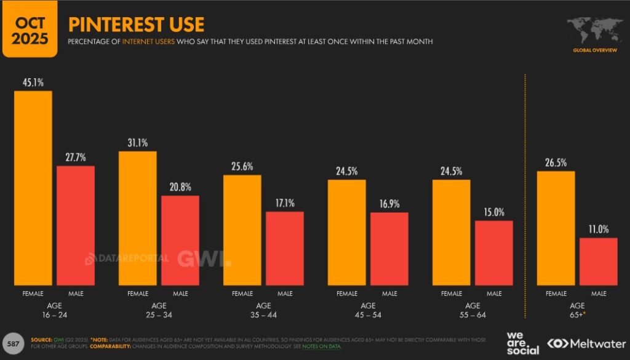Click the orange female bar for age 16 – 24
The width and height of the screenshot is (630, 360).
(x=33, y=188)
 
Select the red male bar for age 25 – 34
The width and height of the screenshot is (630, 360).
(x=180, y=240)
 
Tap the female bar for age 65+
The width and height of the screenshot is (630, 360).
(x=556, y=228)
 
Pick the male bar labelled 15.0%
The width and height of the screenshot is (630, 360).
(x=494, y=252)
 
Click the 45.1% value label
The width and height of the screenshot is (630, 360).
(x=33, y=82)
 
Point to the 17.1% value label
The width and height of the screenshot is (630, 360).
(x=285, y=202)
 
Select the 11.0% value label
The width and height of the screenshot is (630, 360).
(x=598, y=229)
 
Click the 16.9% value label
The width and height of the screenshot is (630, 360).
(x=389, y=204)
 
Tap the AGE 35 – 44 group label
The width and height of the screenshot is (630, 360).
(x=263, y=310)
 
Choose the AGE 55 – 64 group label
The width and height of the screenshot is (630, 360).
(x=472, y=310)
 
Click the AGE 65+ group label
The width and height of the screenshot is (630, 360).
(x=577, y=310)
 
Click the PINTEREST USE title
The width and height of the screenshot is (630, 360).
(x=136, y=25)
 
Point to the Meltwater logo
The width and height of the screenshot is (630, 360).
(x=584, y=343)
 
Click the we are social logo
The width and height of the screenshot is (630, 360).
(x=522, y=343)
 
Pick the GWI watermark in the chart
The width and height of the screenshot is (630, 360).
(x=204, y=258)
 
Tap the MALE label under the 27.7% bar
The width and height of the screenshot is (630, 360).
(x=76, y=294)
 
